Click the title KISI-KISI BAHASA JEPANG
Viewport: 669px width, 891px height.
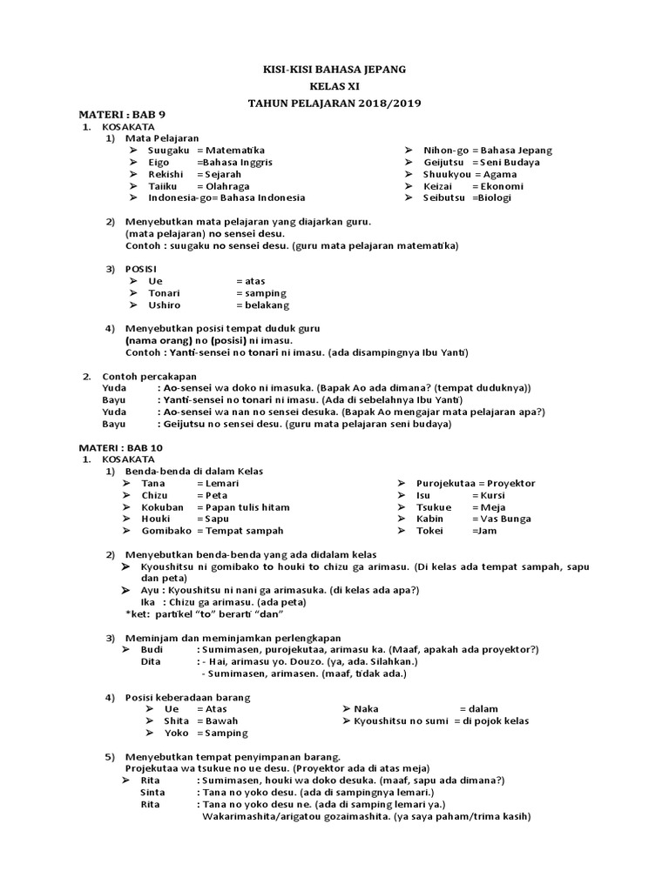[334, 69]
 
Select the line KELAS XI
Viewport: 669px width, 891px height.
[334, 86]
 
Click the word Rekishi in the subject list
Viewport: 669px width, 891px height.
[165, 174]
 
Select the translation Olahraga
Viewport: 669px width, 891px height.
[227, 186]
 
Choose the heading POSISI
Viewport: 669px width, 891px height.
[142, 269]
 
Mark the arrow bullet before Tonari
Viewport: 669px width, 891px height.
[132, 293]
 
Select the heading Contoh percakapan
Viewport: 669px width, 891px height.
[149, 377]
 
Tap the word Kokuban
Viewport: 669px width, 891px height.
[162, 507]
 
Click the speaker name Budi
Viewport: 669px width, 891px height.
[152, 649]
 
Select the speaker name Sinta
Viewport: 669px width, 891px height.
[152, 793]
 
